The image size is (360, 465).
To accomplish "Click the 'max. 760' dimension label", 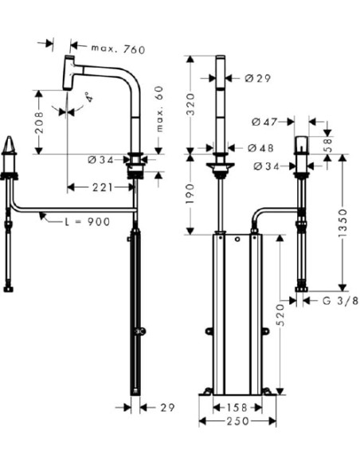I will coord(117,49).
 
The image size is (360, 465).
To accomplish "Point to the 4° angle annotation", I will coord(89,100).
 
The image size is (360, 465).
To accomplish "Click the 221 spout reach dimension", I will coord(102,187).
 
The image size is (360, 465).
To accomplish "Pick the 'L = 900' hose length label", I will coord(88,221).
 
